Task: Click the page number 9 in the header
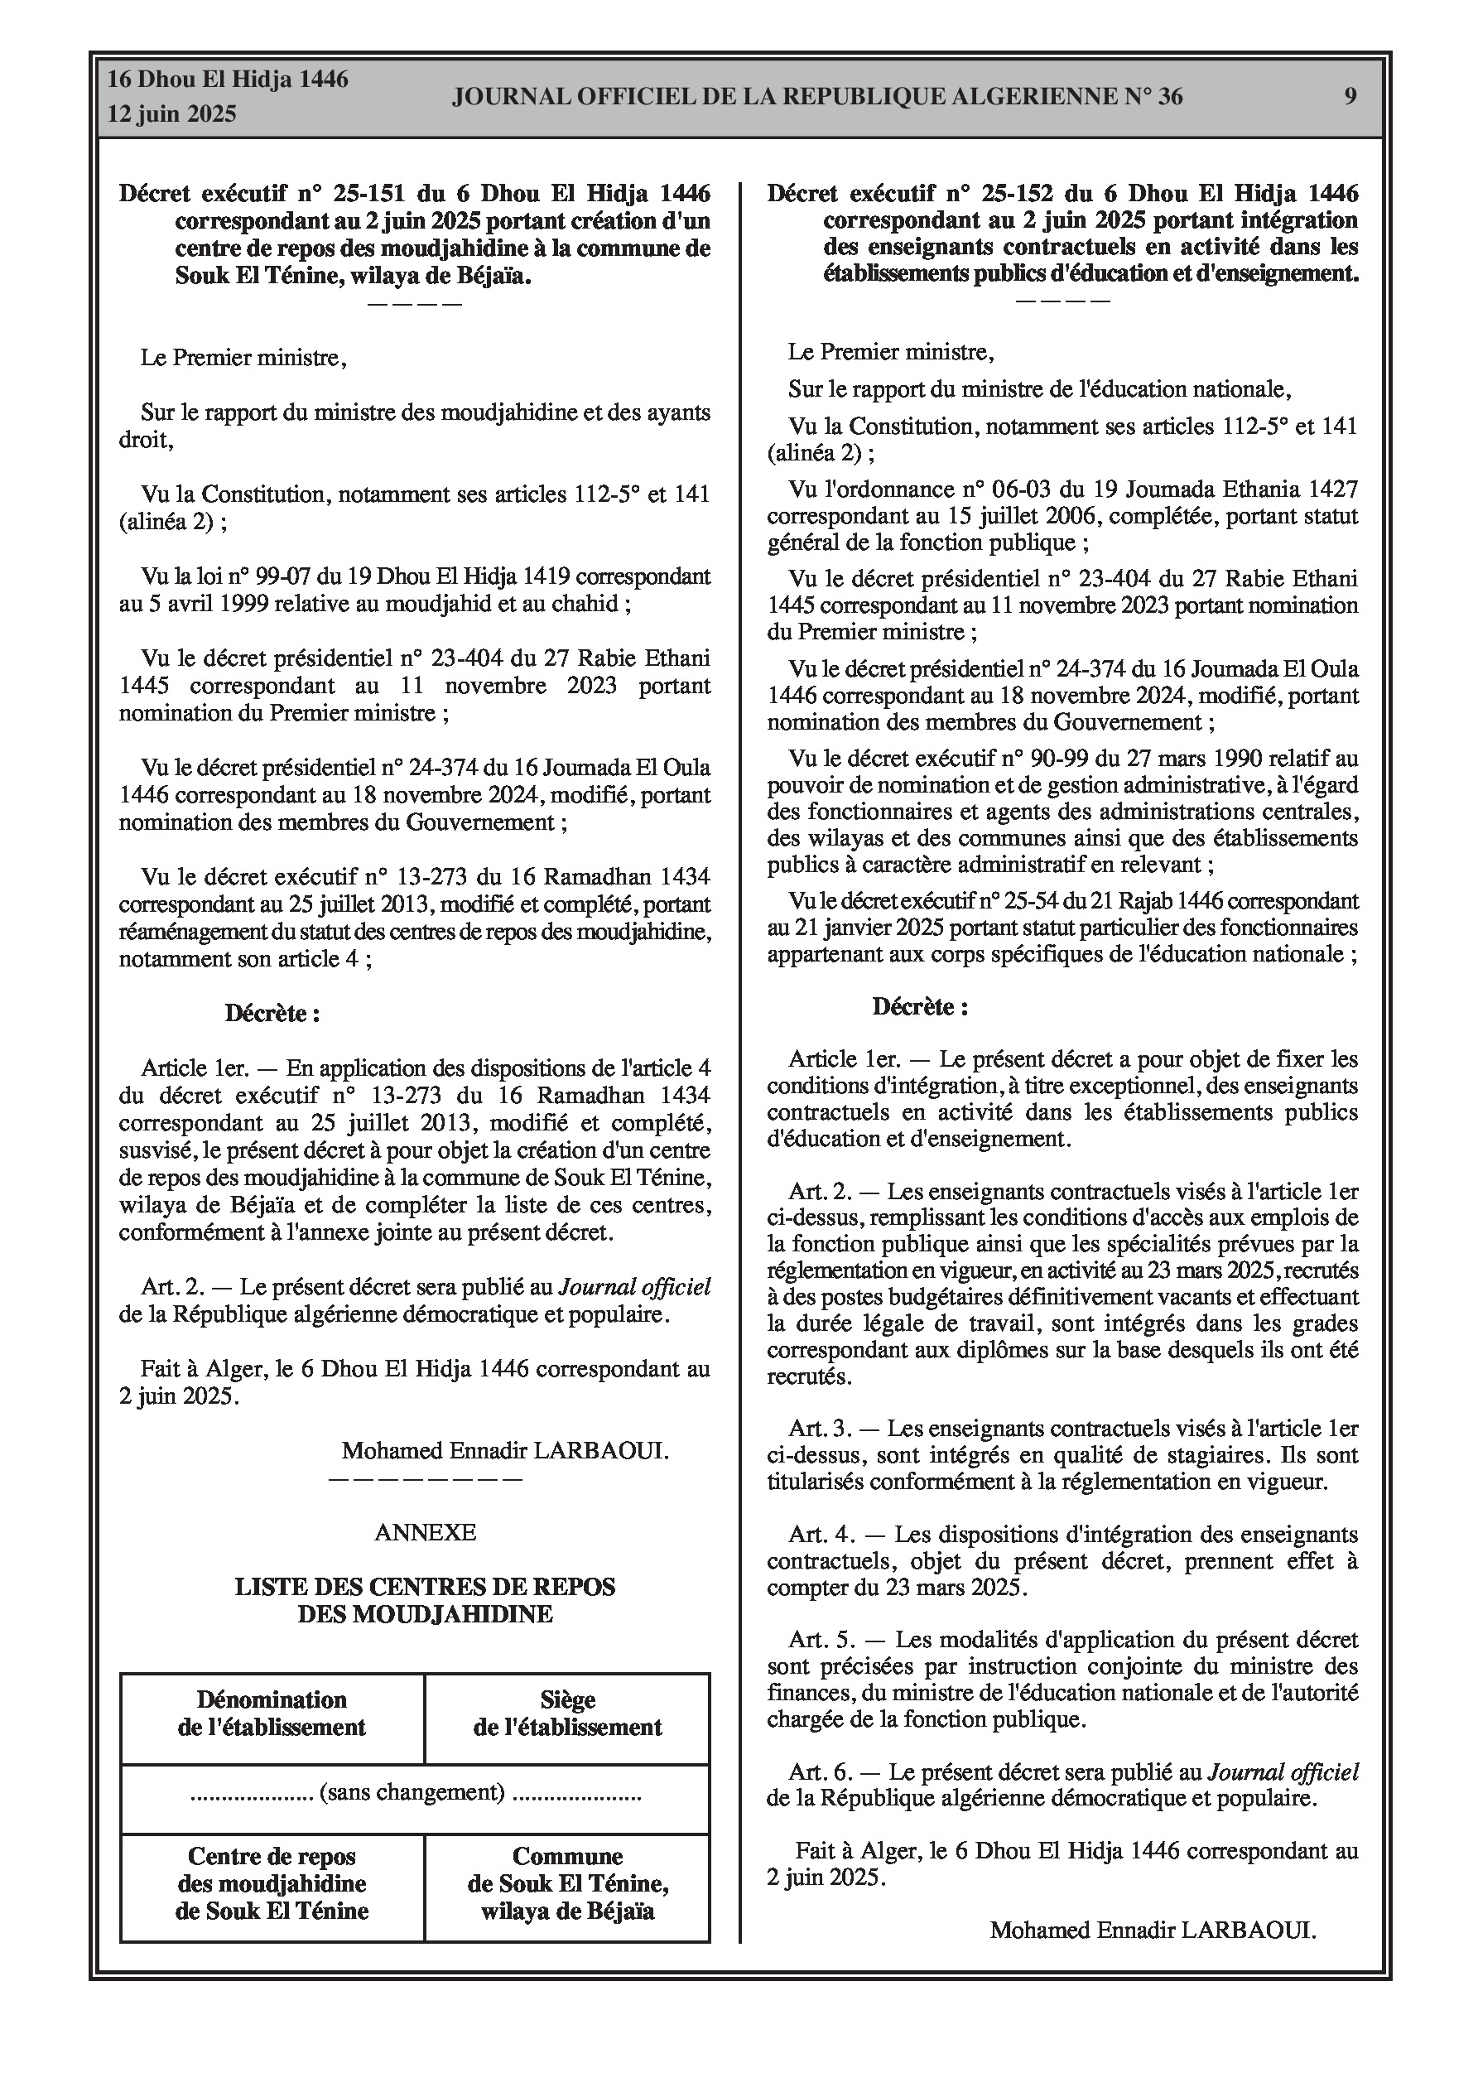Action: click(x=1350, y=96)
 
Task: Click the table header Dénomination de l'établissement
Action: click(x=272, y=1713)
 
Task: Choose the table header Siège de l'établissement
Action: click(x=567, y=1713)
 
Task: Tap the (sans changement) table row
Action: click(x=415, y=1793)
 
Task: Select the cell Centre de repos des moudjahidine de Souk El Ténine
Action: click(x=272, y=1883)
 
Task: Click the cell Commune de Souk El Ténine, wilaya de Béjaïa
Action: click(x=567, y=1883)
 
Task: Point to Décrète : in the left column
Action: click(x=272, y=1013)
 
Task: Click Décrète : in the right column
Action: click(x=919, y=1007)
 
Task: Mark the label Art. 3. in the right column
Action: click(x=821, y=1429)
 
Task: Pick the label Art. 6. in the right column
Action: click(x=821, y=1773)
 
